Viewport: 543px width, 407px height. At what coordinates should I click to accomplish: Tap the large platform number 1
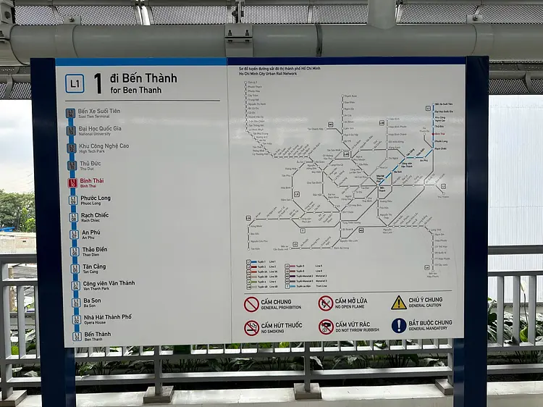coord(98,84)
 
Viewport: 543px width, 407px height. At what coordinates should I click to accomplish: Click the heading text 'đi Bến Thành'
coord(143,78)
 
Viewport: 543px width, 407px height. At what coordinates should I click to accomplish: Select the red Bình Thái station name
coord(92,180)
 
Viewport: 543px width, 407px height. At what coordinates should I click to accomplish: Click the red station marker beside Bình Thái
coord(72,182)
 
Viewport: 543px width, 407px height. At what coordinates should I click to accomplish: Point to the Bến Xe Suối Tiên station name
coord(99,111)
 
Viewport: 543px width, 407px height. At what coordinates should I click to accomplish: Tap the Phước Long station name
coord(96,198)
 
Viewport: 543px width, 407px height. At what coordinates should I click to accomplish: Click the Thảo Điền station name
coord(94,249)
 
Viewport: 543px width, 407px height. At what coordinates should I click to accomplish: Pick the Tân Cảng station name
coord(94,267)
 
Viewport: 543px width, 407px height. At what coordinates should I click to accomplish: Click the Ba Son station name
coord(91,301)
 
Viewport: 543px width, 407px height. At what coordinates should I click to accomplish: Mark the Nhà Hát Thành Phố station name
coord(107,317)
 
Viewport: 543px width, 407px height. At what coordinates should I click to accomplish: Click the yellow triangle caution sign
coord(399,302)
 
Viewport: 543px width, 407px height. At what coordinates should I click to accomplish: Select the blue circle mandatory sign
coord(399,325)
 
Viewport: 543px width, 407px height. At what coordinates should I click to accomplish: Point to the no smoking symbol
coord(251,328)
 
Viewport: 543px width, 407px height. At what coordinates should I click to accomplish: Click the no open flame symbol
coord(326,303)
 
